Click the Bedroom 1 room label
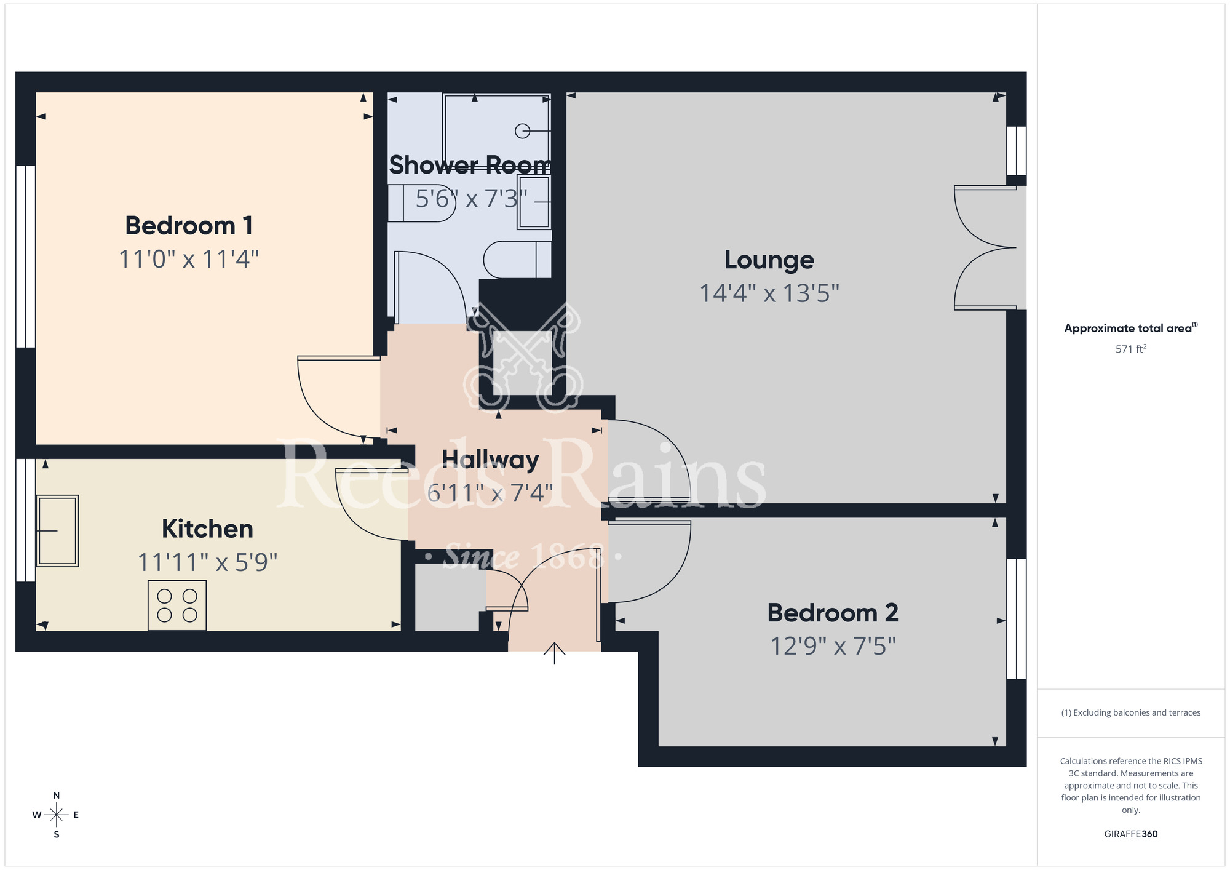pyautogui.click(x=189, y=226)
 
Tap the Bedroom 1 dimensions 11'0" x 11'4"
pyautogui.click(x=189, y=259)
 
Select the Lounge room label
pyautogui.click(x=769, y=260)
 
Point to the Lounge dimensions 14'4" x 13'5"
pyautogui.click(x=769, y=293)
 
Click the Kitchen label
pyautogui.click(x=207, y=529)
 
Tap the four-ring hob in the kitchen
pyautogui.click(x=177, y=605)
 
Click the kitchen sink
pyautogui.click(x=58, y=530)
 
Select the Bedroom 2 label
pyautogui.click(x=833, y=613)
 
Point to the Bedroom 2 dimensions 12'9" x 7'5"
pyautogui.click(x=833, y=646)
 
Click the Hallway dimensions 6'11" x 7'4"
pyautogui.click(x=490, y=493)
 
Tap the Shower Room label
pyautogui.click(x=470, y=165)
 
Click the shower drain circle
pyautogui.click(x=522, y=130)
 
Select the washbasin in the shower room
pyautogui.click(x=533, y=202)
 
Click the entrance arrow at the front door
pyautogui.click(x=554, y=653)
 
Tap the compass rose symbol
pyautogui.click(x=56, y=815)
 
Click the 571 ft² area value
pyautogui.click(x=1130, y=349)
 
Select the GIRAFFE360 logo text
pyautogui.click(x=1130, y=834)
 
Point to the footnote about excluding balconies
pyautogui.click(x=1130, y=712)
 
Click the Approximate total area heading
pyautogui.click(x=1130, y=328)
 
